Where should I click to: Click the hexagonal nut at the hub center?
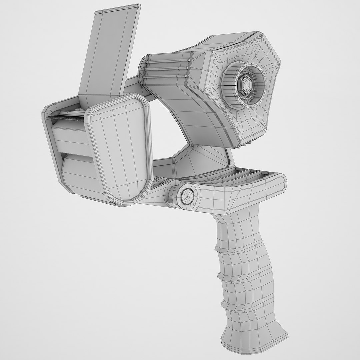click(246, 86)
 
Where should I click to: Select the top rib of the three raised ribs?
click(167, 62)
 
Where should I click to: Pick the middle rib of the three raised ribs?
click(167, 69)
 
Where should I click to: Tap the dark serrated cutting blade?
click(65, 117)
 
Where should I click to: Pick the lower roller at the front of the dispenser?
click(80, 170)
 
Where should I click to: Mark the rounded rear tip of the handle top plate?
click(282, 182)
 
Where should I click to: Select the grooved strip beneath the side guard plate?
click(97, 199)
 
